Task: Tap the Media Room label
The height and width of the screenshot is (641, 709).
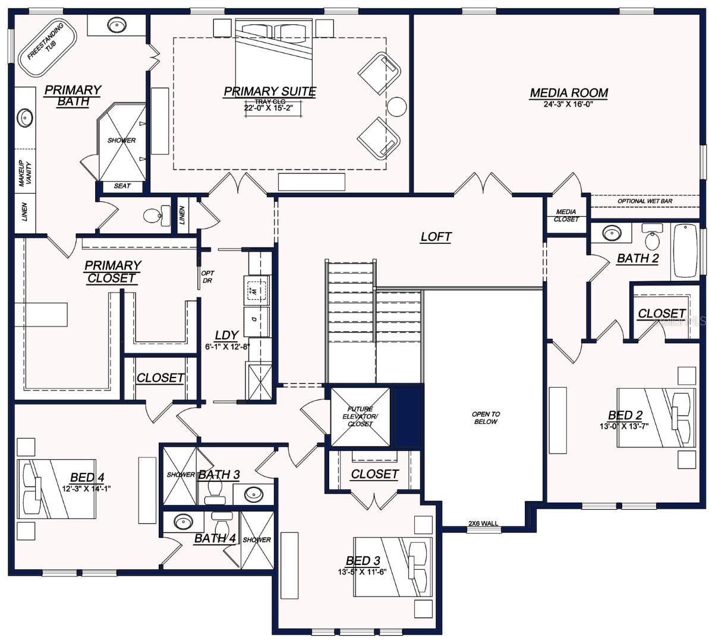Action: (569, 93)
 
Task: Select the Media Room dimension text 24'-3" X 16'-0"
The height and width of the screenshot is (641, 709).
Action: (569, 104)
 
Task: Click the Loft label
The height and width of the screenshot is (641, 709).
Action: (436, 237)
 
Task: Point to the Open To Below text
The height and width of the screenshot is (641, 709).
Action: (486, 418)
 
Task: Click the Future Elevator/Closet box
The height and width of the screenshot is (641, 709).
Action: (360, 416)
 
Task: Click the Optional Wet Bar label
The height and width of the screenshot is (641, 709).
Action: (645, 201)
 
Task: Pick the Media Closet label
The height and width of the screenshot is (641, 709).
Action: (566, 215)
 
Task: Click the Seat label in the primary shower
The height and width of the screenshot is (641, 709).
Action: (122, 186)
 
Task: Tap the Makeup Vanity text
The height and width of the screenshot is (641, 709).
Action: (24, 173)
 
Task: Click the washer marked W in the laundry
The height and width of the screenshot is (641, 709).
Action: (256, 291)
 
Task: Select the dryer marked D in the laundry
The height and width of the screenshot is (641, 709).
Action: (256, 319)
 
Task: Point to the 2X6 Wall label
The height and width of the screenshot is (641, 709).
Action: (483, 523)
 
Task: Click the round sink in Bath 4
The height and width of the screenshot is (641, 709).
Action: (182, 522)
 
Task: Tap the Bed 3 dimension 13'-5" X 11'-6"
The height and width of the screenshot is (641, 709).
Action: (363, 572)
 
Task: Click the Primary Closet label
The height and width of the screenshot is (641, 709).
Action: (112, 271)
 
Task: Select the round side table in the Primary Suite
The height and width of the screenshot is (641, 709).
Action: (396, 106)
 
